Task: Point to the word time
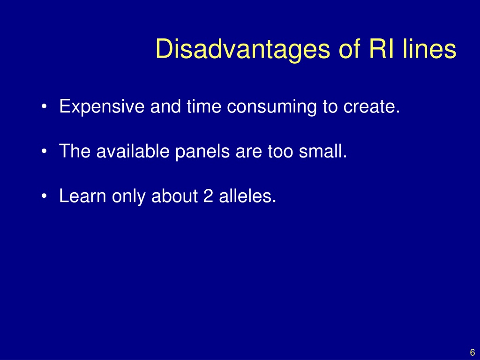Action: point(203,106)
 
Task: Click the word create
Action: point(372,107)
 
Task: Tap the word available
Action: point(133,151)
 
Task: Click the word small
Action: point(322,151)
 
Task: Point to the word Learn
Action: point(82,195)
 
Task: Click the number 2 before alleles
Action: point(208,195)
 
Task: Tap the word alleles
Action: point(247,195)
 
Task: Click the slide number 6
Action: point(472,352)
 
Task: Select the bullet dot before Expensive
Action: point(44,107)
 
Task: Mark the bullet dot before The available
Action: point(44,151)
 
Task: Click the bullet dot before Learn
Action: point(44,196)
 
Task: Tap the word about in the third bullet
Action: point(174,195)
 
